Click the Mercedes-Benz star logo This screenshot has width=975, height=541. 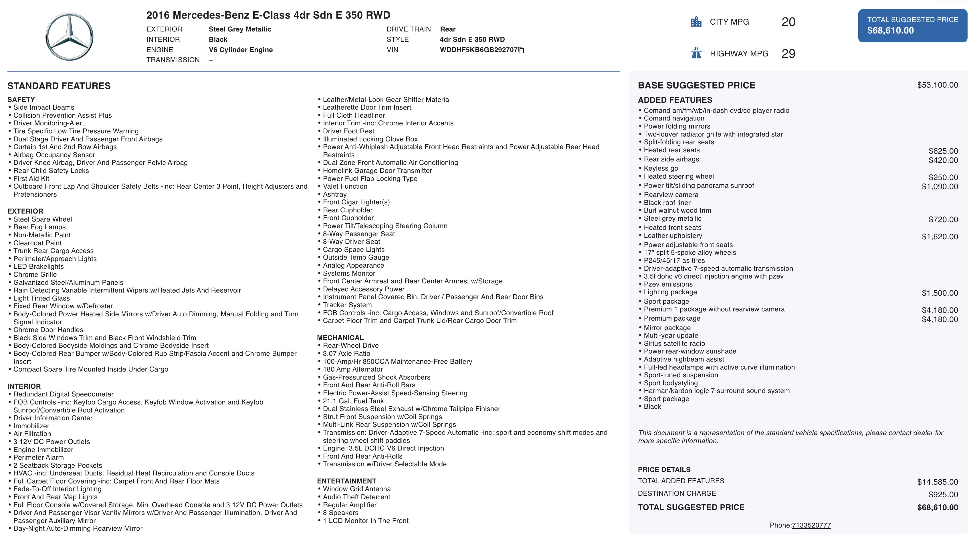coord(69,37)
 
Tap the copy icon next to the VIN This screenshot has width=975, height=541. coord(521,50)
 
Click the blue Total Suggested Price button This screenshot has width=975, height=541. coord(912,25)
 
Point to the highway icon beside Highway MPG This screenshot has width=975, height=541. coord(696,53)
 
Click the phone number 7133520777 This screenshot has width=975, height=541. coord(811,525)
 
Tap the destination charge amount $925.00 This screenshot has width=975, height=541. coord(943,494)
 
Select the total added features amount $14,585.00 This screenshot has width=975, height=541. coord(937,482)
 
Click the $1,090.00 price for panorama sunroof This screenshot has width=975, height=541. coord(940,187)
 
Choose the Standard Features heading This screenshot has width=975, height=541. coord(59,86)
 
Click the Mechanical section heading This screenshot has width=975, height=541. coord(340,338)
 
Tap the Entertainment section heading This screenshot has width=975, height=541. coord(346,481)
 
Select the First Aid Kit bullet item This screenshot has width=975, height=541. coord(31,178)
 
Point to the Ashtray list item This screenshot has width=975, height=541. coord(335,194)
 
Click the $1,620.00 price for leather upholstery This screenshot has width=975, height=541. coord(940,237)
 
